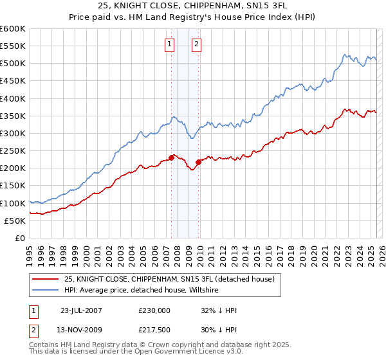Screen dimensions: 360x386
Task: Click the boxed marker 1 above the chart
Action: [x=169, y=44]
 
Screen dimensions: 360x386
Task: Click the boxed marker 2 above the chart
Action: [x=196, y=44]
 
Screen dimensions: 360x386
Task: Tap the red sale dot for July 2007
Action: [x=172, y=157]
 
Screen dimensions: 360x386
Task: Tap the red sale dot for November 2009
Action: [x=199, y=162]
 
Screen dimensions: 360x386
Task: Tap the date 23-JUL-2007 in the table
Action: [x=82, y=310]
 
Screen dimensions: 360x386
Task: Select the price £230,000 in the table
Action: [x=154, y=310]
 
